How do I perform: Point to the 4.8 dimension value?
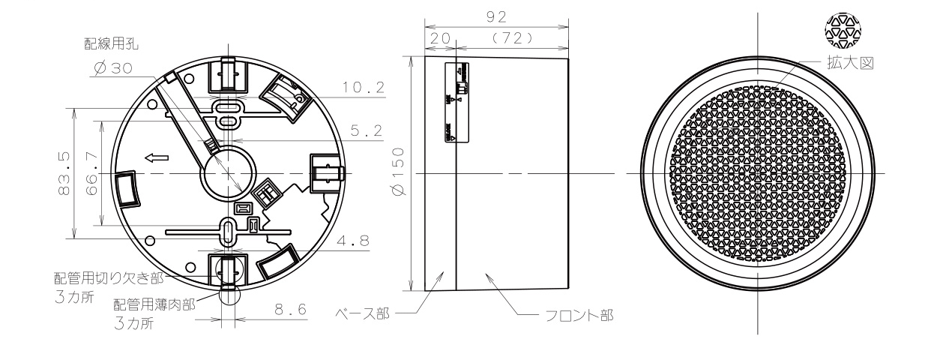coord(361,242)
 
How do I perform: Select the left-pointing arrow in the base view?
coord(157,157)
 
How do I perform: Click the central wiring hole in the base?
coord(225,174)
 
